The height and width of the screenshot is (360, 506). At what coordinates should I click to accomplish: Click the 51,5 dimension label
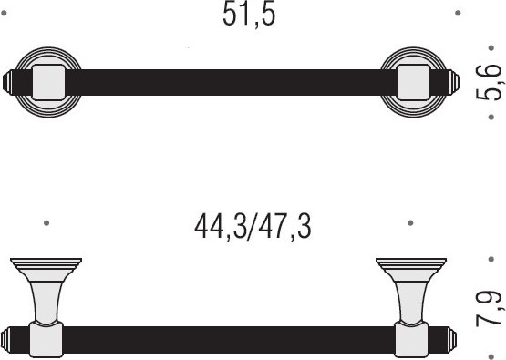coord(249,15)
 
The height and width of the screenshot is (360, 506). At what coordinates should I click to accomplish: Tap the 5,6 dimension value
coord(490,83)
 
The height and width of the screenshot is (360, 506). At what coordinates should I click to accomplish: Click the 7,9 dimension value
coord(490,309)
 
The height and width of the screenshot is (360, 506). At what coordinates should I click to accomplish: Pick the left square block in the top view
coord(48,82)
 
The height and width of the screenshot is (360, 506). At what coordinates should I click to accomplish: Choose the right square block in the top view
coord(414,82)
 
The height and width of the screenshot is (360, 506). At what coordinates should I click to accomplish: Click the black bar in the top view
coord(231,82)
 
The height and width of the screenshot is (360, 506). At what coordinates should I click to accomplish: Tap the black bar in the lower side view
coord(229,340)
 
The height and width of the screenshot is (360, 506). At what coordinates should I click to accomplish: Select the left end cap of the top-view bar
coord(7,82)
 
